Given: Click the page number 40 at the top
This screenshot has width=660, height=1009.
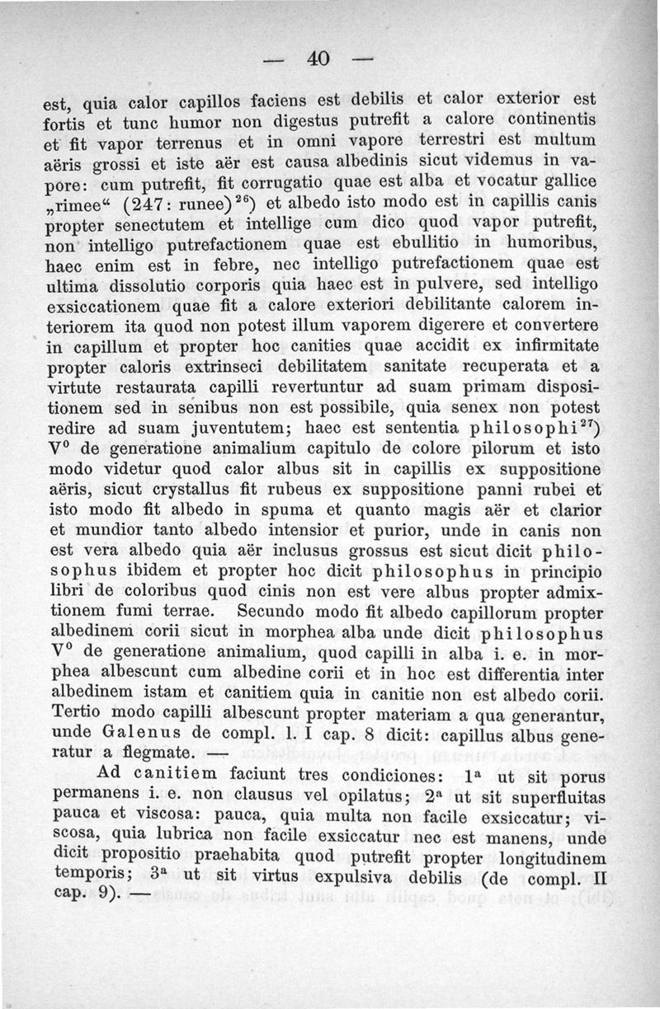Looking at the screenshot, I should click(x=317, y=59).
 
